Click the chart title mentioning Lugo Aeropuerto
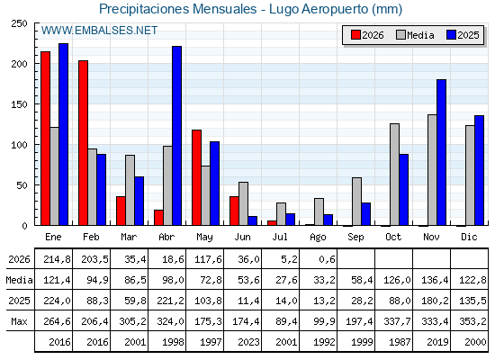point(250,9)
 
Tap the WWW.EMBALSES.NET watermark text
point(99,31)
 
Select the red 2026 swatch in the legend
point(355,35)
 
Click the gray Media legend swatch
point(400,35)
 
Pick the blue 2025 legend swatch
point(451,35)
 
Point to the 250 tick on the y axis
point(19,23)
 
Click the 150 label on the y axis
point(19,104)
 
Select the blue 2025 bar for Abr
point(176,136)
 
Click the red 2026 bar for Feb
point(83,143)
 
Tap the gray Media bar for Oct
point(395,175)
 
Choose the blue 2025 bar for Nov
point(441,152)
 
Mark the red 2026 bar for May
point(197,178)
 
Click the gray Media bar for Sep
point(356,202)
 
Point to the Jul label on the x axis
point(280,238)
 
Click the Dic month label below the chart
point(469,238)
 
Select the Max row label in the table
point(19,321)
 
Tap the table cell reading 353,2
point(473,321)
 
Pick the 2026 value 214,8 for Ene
point(57,259)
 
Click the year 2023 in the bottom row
point(248,342)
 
